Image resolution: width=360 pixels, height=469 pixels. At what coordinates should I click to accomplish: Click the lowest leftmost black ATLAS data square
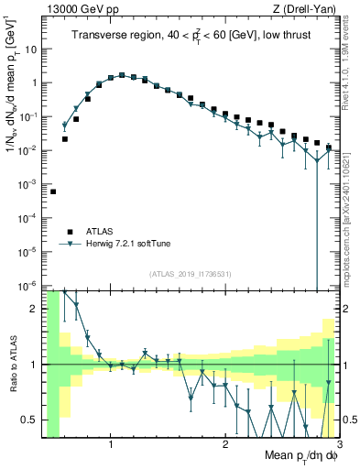pos(53,191)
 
